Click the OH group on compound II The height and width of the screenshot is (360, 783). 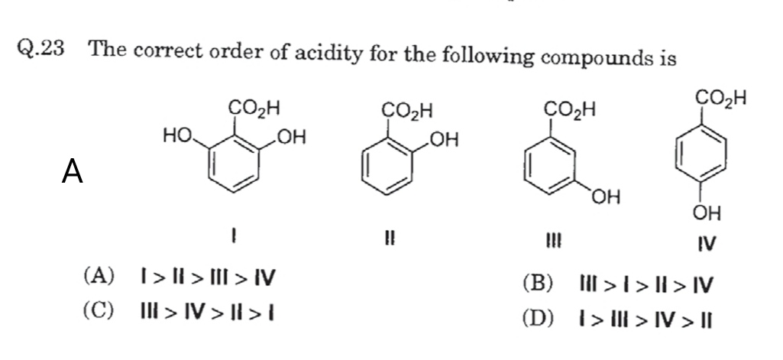coord(445,139)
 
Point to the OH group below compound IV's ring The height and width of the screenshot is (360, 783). coord(707,212)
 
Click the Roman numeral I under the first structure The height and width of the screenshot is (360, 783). coord(235,238)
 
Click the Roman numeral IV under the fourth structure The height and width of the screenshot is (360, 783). coord(706,244)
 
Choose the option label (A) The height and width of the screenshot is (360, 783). coord(100,277)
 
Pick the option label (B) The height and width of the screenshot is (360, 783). coord(538,285)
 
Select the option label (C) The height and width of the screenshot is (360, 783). coord(100,310)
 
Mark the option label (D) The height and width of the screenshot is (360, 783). coord(538,318)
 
